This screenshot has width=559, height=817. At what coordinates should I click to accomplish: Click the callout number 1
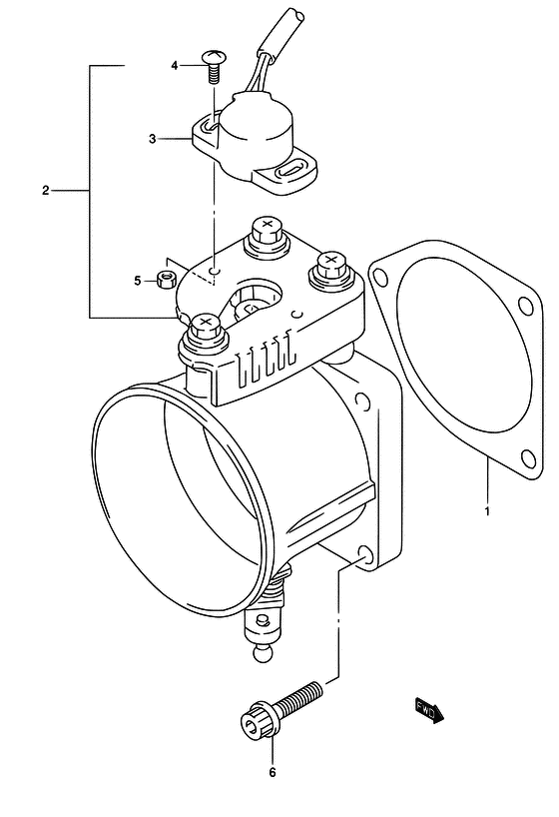(x=487, y=511)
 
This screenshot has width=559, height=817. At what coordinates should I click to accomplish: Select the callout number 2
(x=45, y=191)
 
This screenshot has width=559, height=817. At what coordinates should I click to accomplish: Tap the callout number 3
(x=152, y=139)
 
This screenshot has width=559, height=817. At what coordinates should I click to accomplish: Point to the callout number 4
(x=175, y=66)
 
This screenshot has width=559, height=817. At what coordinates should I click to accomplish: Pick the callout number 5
(x=138, y=281)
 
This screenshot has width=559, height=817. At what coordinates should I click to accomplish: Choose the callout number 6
(x=272, y=773)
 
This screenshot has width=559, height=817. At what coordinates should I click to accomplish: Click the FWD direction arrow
(x=429, y=710)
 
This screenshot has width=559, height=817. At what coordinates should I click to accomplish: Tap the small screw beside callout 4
(x=212, y=66)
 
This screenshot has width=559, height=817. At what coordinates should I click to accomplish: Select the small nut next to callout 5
(x=166, y=279)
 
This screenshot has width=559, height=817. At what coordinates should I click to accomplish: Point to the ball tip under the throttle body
(x=264, y=653)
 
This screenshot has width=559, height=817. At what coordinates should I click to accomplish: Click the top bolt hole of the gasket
(x=381, y=277)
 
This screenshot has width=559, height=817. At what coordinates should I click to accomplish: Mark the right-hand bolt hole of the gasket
(x=526, y=306)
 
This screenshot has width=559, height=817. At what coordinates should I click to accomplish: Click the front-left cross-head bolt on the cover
(x=205, y=335)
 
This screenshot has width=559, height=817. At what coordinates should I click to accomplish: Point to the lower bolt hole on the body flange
(x=365, y=556)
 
